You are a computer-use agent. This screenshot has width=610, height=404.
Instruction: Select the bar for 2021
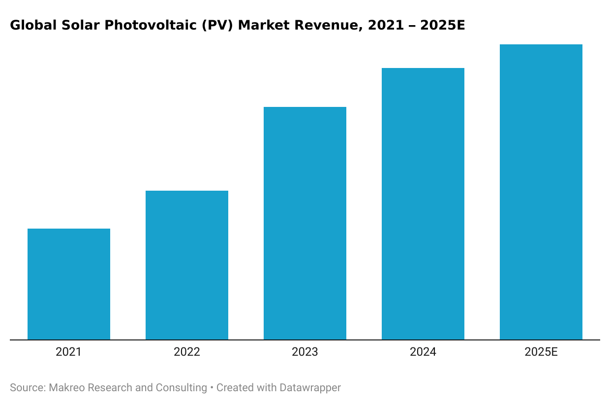(69, 284)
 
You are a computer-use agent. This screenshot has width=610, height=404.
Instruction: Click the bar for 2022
(187, 265)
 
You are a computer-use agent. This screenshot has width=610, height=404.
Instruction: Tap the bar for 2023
(305, 223)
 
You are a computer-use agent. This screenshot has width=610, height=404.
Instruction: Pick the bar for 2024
(423, 204)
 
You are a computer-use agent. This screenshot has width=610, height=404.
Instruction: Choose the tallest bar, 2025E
(541, 192)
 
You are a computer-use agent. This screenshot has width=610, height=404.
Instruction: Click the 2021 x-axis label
(69, 352)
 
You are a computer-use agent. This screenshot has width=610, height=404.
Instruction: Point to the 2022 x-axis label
(187, 352)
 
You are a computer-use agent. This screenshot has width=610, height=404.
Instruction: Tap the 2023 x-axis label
(305, 352)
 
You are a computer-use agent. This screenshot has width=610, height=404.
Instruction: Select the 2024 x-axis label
(423, 352)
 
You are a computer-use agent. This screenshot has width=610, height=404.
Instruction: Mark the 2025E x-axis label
(541, 352)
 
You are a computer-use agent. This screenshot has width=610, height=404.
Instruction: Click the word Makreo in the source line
(66, 388)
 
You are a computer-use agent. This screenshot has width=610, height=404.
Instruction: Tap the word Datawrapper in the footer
(310, 388)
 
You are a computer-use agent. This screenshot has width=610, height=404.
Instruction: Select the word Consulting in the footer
(181, 388)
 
